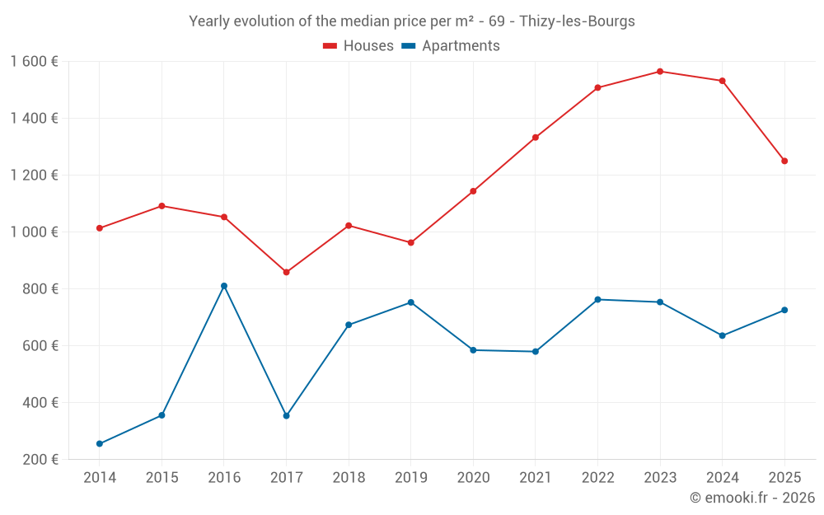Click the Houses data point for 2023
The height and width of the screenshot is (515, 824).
coord(660,72)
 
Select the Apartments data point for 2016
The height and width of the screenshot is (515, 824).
coord(224,286)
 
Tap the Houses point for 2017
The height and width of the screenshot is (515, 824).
coord(286,272)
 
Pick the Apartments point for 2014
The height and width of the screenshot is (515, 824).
coord(100,444)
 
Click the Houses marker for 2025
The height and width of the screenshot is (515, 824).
coord(784,161)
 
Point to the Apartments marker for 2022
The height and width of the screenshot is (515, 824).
coord(597,300)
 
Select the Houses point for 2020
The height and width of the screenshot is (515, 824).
coord(473,191)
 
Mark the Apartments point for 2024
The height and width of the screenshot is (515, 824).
coord(723,335)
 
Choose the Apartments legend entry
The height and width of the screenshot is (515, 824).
coord(451,46)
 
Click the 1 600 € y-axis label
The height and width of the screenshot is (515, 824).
coord(34,62)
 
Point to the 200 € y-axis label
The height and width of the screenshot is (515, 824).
coord(39,460)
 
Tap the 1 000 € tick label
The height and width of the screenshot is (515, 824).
coord(34,232)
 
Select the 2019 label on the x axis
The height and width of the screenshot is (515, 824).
coord(410,478)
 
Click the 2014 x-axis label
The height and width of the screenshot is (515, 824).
coord(100,478)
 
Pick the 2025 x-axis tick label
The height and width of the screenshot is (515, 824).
coord(784,478)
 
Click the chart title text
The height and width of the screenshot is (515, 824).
coord(412,21)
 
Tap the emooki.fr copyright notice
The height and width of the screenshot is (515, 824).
coord(751,498)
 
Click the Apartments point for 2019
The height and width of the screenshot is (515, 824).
coord(410,302)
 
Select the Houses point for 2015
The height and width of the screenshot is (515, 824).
coord(162,206)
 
